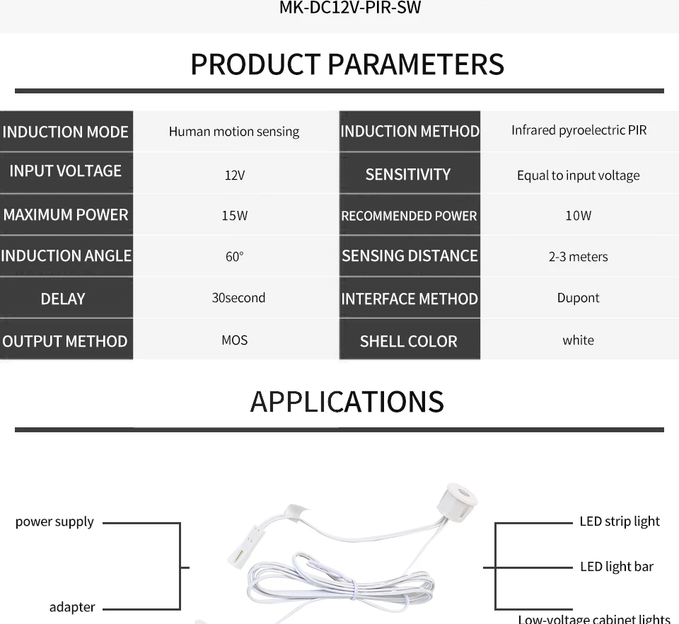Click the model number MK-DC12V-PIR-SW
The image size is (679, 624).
pos(350,9)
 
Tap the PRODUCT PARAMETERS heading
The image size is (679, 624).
pos(347,64)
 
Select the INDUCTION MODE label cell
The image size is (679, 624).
pos(66,132)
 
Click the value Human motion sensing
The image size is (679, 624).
pos(234,132)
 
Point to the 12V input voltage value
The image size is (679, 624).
pos(234,175)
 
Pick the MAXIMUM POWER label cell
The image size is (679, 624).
pos(66,215)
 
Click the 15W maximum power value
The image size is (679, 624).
pos(234,216)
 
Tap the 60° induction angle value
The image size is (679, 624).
pos(234,257)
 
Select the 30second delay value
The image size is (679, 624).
pos(238,298)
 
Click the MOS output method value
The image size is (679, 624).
pos(234,340)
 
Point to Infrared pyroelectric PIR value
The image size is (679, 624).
pos(579,130)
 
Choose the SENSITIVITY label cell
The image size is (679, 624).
pos(409,174)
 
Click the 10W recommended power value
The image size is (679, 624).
pos(578,216)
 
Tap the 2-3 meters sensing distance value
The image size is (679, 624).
pos(578,257)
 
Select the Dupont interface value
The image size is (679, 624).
pos(578,298)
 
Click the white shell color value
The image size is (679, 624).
pos(578,340)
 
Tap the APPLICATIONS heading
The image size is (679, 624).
pos(347,402)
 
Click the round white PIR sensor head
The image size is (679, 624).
pos(456,499)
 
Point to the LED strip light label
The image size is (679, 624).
pos(619,521)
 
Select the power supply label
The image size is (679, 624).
pos(54,522)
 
